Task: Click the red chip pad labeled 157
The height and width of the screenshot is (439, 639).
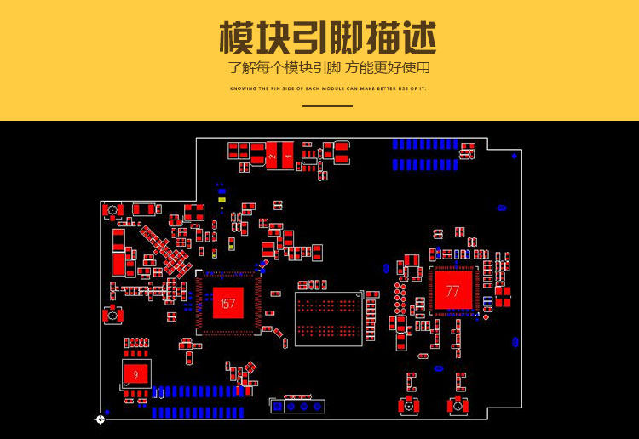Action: (x=227, y=304)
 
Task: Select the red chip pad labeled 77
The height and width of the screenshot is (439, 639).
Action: (x=452, y=291)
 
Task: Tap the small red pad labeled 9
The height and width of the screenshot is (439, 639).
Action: (x=135, y=373)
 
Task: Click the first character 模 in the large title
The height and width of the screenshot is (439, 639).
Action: (x=240, y=38)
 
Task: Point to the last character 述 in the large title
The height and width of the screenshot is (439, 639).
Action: (x=416, y=38)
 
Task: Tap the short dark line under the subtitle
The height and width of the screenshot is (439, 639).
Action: (x=328, y=106)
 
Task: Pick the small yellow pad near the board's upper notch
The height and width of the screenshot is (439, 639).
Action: (x=222, y=207)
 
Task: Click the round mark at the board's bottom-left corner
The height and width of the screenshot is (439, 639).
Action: (x=101, y=419)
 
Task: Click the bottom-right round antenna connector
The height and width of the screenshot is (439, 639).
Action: (x=459, y=407)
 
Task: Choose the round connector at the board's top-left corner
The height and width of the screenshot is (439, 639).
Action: (x=112, y=210)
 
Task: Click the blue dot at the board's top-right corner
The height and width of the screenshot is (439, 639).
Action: (x=515, y=156)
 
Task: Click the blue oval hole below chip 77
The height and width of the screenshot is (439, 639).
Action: (x=438, y=368)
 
